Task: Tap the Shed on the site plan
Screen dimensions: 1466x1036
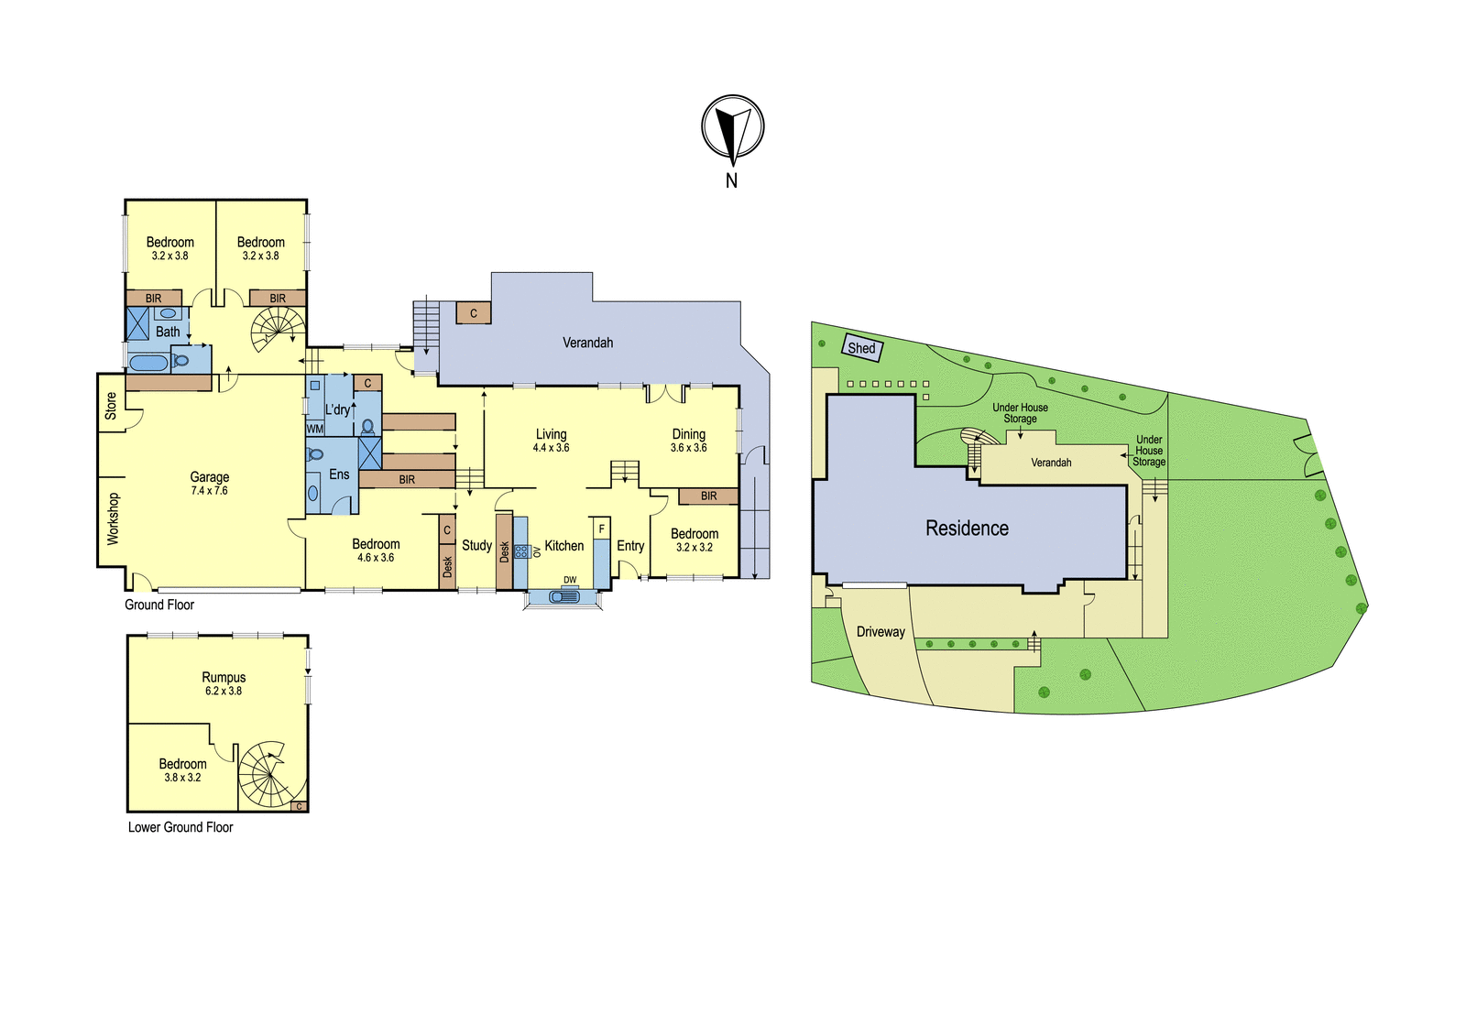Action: (862, 348)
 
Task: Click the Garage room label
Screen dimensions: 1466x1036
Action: (210, 477)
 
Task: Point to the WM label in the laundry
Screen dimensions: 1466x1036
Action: (315, 430)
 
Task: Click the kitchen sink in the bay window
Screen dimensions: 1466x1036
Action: (563, 596)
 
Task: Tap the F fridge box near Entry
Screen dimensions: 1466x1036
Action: (601, 529)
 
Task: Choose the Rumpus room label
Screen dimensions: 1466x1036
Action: (224, 677)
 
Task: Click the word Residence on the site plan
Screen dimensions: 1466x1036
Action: (967, 529)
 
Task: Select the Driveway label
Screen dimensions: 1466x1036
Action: (881, 631)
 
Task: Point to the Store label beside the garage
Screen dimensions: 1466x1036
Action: (111, 406)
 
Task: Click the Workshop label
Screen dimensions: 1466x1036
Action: (113, 519)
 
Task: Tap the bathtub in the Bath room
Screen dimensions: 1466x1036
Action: (148, 364)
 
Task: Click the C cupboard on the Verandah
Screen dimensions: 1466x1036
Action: (473, 313)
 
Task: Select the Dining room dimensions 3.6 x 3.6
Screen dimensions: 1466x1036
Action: (688, 448)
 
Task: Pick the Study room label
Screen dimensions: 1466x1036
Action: (476, 545)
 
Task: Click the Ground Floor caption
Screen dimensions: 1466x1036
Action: (159, 605)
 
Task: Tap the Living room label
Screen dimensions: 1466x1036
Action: (551, 434)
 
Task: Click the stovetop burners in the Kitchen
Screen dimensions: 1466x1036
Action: (521, 551)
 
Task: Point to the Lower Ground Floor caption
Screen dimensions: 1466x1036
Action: (181, 827)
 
